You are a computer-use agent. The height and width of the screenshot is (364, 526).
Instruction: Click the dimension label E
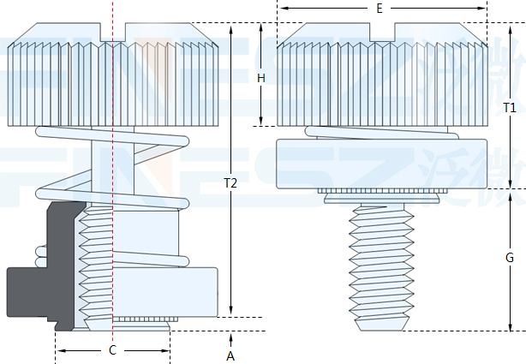(x=379, y=8)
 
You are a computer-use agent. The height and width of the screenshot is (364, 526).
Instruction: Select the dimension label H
(x=261, y=78)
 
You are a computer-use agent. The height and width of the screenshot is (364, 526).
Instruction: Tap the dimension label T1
(x=510, y=108)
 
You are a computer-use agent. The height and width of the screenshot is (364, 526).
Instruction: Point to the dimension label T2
(x=230, y=182)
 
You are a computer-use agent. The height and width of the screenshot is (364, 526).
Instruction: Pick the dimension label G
(x=509, y=257)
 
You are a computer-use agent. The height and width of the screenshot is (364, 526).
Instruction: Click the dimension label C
(x=112, y=350)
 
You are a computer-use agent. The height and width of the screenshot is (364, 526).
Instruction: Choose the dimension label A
(x=230, y=355)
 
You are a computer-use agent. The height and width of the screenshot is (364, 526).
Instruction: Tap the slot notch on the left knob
(x=113, y=34)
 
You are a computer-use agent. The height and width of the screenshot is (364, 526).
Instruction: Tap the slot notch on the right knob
(x=380, y=34)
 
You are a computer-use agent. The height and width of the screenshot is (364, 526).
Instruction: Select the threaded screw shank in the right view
(x=380, y=257)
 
